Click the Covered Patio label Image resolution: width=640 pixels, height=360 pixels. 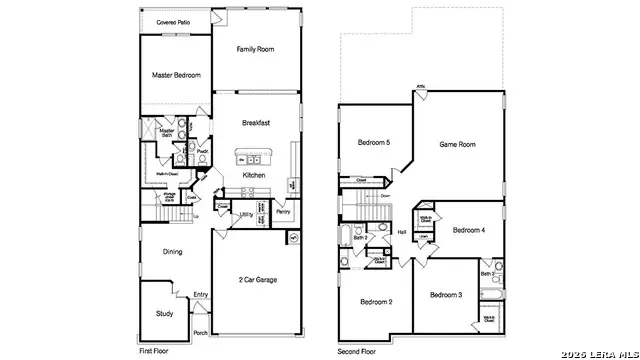point(174,20)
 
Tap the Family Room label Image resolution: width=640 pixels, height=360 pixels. point(256,48)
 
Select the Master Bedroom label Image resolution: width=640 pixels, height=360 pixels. point(176,75)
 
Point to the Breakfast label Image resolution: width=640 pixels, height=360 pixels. point(256,123)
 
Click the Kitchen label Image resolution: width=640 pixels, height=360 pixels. point(254,175)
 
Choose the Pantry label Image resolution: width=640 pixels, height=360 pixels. point(283,212)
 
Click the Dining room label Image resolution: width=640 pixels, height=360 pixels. point(172,252)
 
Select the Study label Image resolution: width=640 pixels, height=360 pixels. point(164,313)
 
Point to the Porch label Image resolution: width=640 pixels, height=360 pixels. point(200,333)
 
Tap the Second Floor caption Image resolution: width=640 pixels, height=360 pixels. point(358,352)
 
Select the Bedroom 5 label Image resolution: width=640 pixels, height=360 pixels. point(374,143)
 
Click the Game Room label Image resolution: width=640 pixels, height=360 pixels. point(457,145)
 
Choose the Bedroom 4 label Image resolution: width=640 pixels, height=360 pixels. point(468,230)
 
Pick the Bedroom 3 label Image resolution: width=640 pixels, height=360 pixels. point(446,295)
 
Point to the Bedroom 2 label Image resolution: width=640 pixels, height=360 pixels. point(376,301)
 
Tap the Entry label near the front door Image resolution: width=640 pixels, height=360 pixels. point(201,294)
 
